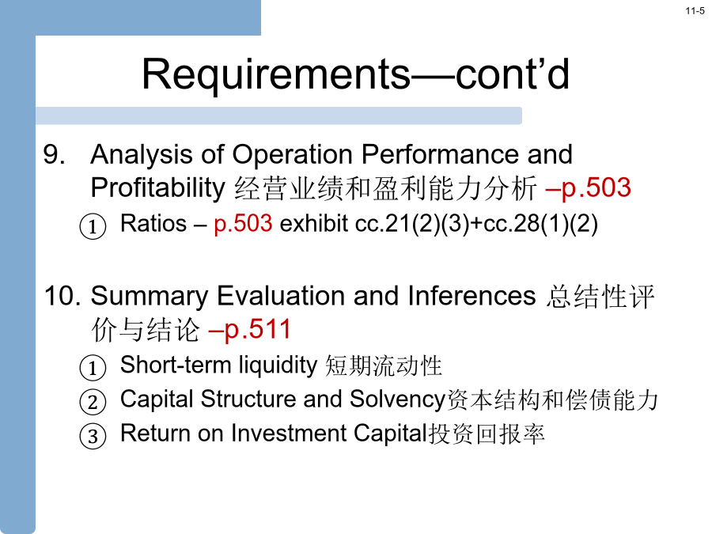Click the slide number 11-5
tap(695, 11)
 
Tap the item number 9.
tap(54, 154)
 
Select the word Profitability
tap(157, 188)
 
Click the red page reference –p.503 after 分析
tap(588, 188)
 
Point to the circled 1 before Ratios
tap(93, 226)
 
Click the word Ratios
tap(153, 224)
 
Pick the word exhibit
tap(313, 224)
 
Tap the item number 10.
tap(62, 296)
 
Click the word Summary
tap(150, 297)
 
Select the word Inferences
tap(472, 296)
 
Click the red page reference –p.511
tap(249, 330)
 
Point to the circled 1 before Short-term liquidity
tap(93, 367)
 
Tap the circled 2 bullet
tap(93, 402)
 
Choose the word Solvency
tap(398, 400)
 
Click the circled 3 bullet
tap(93, 436)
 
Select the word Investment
tap(289, 434)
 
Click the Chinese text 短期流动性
tap(384, 366)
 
